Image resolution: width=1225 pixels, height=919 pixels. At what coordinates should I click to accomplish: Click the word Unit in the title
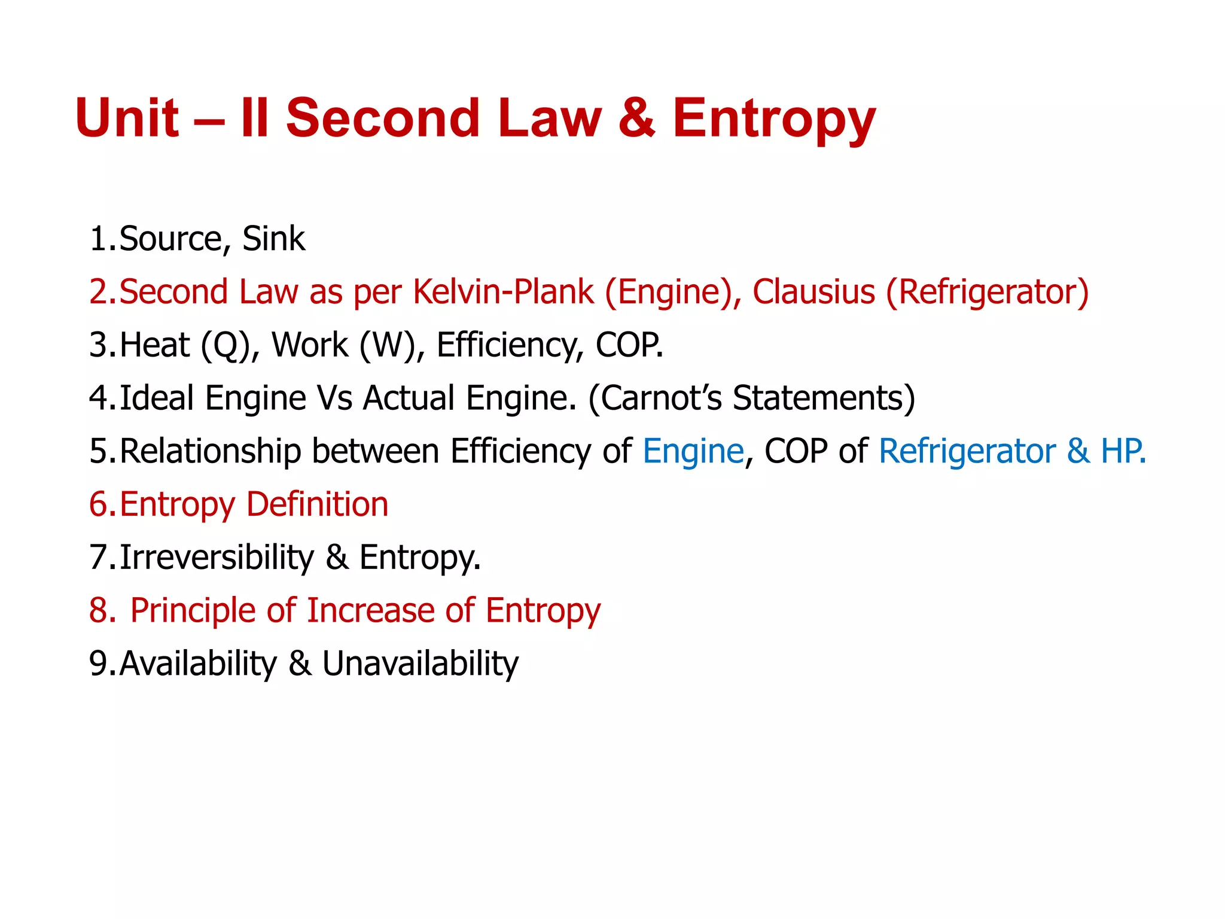(127, 118)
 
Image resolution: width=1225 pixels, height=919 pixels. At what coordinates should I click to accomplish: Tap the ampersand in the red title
(636, 118)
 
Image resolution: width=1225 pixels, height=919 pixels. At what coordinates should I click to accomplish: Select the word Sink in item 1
(273, 239)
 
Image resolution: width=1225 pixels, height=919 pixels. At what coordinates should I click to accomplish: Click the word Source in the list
(171, 239)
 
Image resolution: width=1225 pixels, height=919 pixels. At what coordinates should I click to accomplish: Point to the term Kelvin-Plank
(503, 292)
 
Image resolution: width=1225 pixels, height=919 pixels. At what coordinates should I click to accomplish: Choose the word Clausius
(813, 292)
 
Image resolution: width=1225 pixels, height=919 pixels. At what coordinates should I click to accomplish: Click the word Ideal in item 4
(157, 398)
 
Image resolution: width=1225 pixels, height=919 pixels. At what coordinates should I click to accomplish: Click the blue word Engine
(693, 451)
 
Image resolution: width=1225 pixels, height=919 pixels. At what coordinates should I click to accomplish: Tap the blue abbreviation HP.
(1121, 451)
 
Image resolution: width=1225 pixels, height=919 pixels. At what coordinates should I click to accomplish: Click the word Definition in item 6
(317, 504)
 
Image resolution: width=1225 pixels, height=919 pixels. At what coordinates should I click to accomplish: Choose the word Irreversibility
(217, 557)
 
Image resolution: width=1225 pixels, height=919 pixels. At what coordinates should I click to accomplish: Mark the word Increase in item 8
(370, 610)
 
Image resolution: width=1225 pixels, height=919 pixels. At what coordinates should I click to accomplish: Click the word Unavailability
(420, 664)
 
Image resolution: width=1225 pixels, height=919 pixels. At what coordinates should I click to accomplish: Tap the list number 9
(98, 664)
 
